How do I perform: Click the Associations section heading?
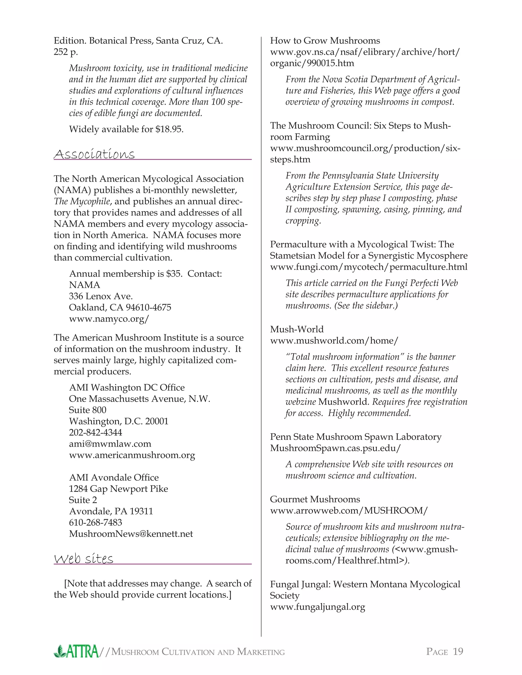click(94, 154)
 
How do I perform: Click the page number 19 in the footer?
click(458, 651)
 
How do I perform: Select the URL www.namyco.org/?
click(109, 319)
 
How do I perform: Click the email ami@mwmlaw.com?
click(110, 444)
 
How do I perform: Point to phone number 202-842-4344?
click(96, 433)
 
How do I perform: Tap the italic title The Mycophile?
click(82, 201)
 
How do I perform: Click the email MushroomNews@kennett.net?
click(131, 534)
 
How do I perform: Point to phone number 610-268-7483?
click(96, 522)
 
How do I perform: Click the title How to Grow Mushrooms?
click(325, 41)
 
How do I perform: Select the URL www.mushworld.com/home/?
click(334, 341)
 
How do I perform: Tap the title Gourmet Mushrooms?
click(315, 499)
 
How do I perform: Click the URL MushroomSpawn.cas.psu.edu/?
click(335, 448)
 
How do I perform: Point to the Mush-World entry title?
click(297, 329)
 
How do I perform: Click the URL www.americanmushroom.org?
click(132, 455)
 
